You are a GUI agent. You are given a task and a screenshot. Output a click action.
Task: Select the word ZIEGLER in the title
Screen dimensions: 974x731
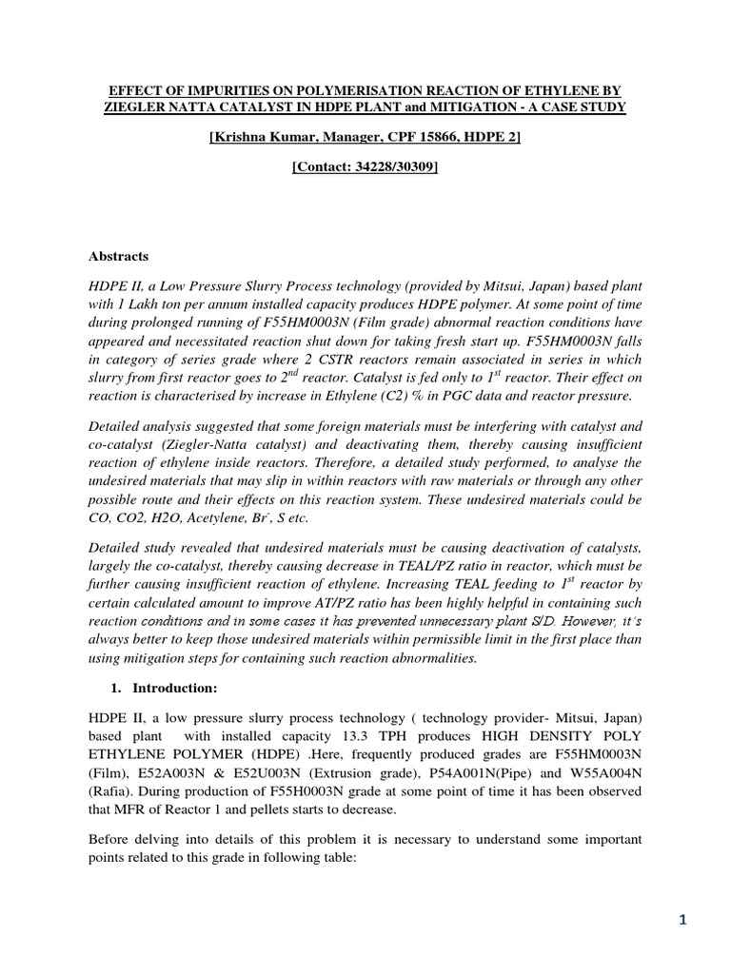point(139,107)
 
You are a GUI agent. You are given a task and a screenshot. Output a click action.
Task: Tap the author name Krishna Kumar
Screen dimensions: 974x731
point(262,138)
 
